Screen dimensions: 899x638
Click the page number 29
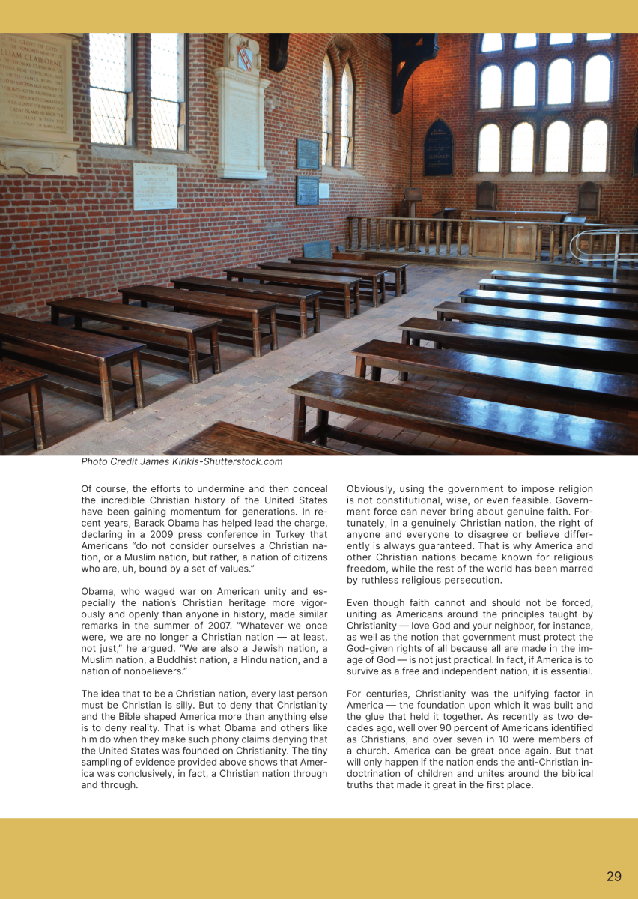click(614, 876)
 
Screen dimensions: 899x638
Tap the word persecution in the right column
click(473, 580)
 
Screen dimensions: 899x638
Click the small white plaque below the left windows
click(155, 186)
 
